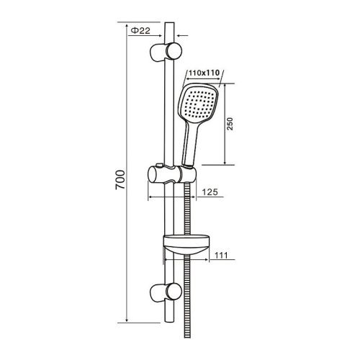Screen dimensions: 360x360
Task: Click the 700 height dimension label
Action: pos(120,180)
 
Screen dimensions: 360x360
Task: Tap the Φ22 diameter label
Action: pos(141,31)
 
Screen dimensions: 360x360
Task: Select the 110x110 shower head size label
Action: pos(204,73)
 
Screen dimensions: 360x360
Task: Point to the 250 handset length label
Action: pos(230,124)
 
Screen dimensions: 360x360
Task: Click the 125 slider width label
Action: pos(210,192)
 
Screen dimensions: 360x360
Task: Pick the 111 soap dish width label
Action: pos(221,255)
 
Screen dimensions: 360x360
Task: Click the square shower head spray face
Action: pos(198,102)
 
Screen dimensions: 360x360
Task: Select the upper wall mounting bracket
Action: pos(166,53)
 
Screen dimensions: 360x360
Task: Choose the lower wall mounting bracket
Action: pos(166,292)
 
